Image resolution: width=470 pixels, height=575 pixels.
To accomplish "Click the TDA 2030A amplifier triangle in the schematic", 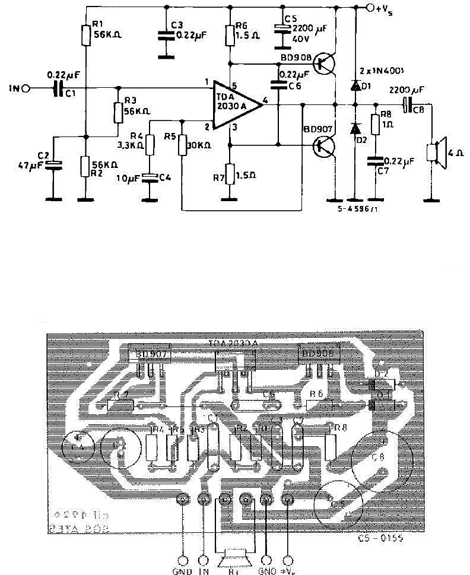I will pos(236,104).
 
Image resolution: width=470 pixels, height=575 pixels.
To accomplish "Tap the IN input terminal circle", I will pos(26,89).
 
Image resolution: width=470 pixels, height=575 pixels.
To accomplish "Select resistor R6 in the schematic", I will pos(230,36).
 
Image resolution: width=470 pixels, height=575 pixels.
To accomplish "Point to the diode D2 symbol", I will pos(355,128).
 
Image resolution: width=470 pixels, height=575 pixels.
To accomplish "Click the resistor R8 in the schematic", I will pos(375,125).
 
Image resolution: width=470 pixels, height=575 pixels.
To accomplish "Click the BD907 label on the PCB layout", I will pos(151,354).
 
